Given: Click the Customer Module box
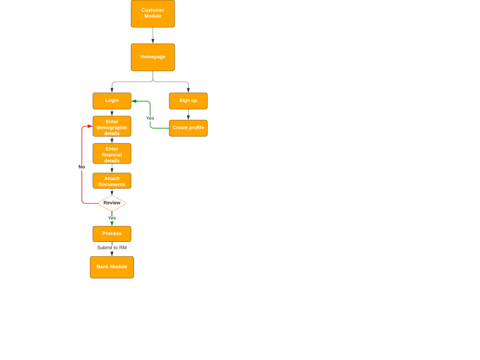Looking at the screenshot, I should [153, 13].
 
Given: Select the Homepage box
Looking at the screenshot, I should [153, 57].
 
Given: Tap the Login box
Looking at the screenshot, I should [112, 101].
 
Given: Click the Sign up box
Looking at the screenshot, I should [188, 101].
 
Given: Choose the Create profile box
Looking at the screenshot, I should [188, 128].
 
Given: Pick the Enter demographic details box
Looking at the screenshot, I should [112, 126].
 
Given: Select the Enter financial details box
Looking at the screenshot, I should [112, 154].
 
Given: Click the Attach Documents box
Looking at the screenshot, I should [112, 181].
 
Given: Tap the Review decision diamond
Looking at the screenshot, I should [112, 203].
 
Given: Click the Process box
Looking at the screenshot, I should [112, 234].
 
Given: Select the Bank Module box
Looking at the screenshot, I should [112, 267].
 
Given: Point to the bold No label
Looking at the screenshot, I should [82, 167].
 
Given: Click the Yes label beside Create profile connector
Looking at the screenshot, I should [150, 118].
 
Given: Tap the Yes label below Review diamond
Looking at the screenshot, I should [112, 218].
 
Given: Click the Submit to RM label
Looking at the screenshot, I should [112, 248].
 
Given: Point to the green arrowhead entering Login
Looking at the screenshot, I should [134, 101].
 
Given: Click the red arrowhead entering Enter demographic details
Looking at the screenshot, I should [90, 126].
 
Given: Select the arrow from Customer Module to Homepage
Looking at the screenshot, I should [153, 36].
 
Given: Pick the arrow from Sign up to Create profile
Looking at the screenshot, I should [188, 115].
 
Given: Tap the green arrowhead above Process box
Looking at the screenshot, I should [112, 223].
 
